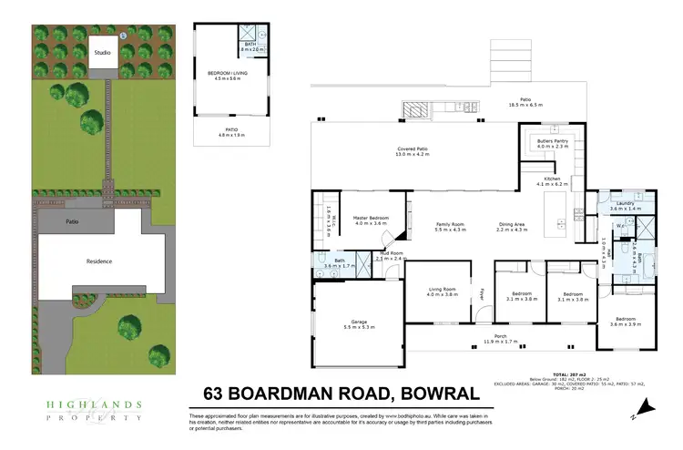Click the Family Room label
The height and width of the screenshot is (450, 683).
coord(450,226)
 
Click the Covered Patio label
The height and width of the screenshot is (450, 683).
coord(412,150)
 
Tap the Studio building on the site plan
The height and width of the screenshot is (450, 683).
coord(102,52)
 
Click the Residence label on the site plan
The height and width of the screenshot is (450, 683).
coord(99,261)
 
